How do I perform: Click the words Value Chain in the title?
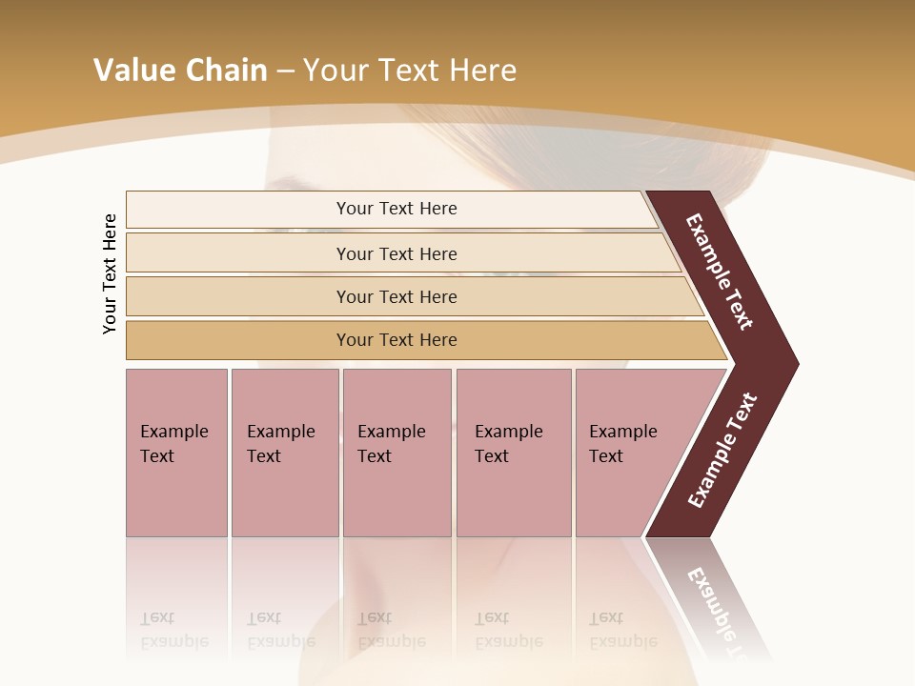tap(180, 71)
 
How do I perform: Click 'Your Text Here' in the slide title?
tap(410, 71)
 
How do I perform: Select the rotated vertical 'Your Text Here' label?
tap(111, 273)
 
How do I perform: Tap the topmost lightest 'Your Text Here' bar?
tap(396, 209)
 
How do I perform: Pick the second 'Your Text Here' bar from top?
tap(396, 253)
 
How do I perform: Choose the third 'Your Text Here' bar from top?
tap(396, 296)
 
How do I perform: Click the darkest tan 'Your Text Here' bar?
tap(396, 340)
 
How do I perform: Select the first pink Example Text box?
tap(176, 453)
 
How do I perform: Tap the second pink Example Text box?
tap(285, 453)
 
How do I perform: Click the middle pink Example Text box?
tap(396, 453)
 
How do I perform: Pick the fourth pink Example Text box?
tap(514, 453)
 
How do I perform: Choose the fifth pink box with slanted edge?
tap(629, 453)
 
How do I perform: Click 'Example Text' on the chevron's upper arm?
tap(720, 272)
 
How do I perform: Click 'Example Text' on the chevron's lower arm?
tap(722, 451)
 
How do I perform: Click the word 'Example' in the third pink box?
tap(391, 432)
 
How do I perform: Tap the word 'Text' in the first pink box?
tap(157, 456)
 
